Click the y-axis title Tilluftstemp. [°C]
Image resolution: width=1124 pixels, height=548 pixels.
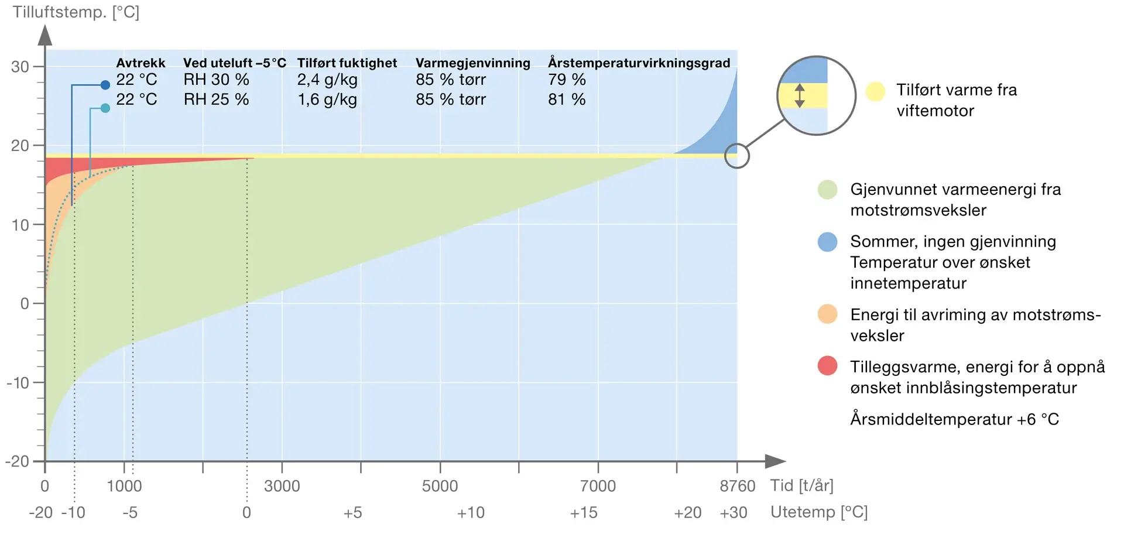(x=76, y=12)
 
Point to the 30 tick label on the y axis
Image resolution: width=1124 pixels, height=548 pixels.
(x=20, y=67)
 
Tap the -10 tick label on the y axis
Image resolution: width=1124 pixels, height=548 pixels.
(x=18, y=383)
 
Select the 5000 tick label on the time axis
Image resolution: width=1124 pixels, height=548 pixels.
(x=440, y=486)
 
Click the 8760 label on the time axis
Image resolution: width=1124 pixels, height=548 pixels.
(x=737, y=486)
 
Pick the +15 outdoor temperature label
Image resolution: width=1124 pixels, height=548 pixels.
(x=583, y=513)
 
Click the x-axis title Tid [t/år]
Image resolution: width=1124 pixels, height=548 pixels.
(x=801, y=485)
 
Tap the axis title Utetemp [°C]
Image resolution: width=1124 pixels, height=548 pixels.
(x=818, y=512)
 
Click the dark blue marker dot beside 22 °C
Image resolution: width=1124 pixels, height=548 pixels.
(x=105, y=85)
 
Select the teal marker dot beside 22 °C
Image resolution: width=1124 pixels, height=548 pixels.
(x=105, y=108)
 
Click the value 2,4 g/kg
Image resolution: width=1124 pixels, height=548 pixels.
(x=327, y=80)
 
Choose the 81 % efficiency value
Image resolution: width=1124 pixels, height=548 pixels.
(x=567, y=100)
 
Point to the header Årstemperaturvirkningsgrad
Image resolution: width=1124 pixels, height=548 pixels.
(x=639, y=63)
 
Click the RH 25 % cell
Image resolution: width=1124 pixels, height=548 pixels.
(x=216, y=100)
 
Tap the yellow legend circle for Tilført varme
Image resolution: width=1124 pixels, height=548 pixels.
(x=875, y=91)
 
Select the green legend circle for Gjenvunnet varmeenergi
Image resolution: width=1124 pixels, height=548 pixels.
(x=827, y=190)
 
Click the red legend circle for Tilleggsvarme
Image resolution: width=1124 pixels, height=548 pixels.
(x=827, y=366)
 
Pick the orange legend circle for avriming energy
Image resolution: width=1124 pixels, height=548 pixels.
(x=827, y=314)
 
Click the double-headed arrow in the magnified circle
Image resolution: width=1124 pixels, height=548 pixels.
(x=800, y=95)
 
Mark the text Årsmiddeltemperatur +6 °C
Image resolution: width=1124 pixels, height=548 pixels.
(x=954, y=419)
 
